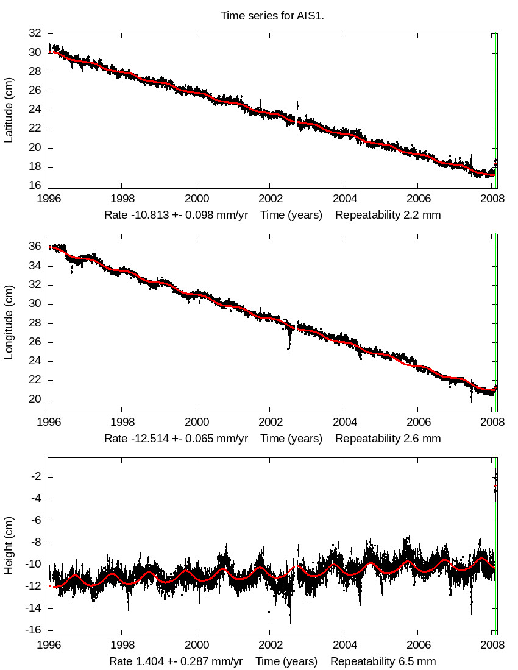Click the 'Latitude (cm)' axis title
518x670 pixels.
(9, 110)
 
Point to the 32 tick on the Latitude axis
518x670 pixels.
(35, 33)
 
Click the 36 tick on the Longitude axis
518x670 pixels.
(35, 246)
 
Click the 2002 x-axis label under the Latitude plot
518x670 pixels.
(270, 199)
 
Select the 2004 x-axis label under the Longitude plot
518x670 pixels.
(344, 422)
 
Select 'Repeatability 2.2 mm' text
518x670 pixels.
(388, 215)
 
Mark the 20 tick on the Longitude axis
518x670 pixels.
(35, 399)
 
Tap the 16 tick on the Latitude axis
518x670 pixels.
(35, 186)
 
